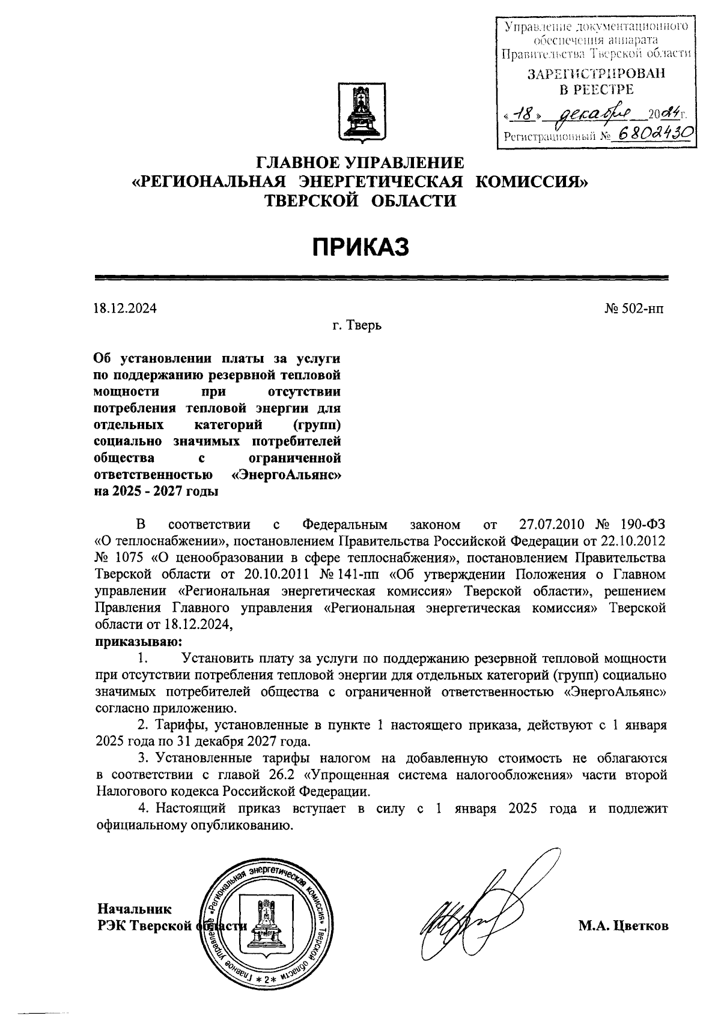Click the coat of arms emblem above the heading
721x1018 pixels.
[x=360, y=113]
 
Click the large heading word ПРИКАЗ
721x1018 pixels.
[x=360, y=246]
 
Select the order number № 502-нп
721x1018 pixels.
[x=635, y=309]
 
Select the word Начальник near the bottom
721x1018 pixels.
[x=134, y=909]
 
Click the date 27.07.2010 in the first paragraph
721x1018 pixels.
[x=551, y=525]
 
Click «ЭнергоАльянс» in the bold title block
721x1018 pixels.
[x=286, y=475]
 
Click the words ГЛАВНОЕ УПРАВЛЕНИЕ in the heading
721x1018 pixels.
[x=360, y=163]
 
